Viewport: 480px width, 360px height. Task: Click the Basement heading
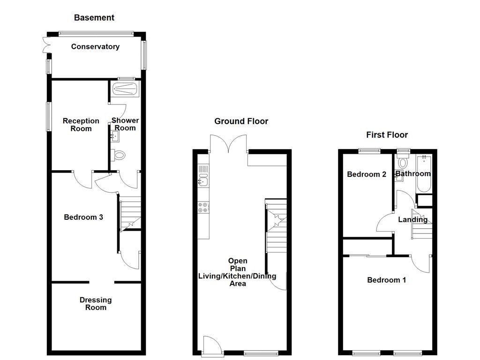94,18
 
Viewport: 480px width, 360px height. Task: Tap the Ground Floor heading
241,121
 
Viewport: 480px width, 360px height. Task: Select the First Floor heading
387,135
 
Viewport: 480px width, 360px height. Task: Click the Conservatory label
95,46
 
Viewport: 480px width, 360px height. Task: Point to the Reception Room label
81,125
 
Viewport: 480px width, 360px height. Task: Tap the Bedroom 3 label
83,217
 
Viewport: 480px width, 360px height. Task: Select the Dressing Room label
96,303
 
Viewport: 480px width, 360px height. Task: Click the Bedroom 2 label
367,174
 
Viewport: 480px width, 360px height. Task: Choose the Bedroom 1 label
386,280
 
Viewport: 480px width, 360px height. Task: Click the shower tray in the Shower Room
125,89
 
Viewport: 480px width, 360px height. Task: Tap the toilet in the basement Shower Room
118,155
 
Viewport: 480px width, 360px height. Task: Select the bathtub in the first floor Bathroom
424,173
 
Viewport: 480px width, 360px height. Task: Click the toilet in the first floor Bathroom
403,161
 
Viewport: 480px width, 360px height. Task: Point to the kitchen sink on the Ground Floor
203,180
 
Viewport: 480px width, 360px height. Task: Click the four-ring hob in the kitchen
203,207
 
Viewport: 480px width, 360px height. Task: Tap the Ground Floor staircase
276,226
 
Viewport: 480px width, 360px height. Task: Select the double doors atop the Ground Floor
228,144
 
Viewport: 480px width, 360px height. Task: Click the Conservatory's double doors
46,45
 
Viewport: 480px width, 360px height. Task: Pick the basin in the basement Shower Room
114,136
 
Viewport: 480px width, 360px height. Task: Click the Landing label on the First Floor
412,219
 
